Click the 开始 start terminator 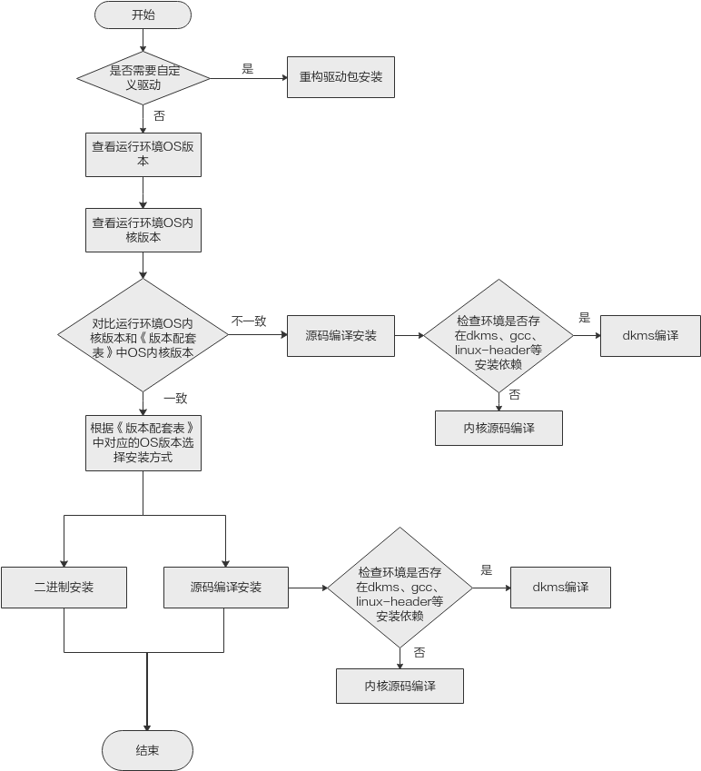pos(143,15)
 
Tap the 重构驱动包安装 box pos(341,77)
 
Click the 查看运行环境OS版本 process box pos(143,153)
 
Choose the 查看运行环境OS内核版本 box pos(143,229)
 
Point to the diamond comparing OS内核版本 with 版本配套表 pos(143,335)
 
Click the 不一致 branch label pos(248,321)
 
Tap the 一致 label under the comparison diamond pos(174,398)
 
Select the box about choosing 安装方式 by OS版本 pos(143,443)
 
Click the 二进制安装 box pos(64,588)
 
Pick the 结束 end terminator pos(147,750)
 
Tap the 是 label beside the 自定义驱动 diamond pos(247,68)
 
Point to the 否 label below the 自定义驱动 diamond pos(159,116)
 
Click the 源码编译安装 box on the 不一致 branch pos(341,335)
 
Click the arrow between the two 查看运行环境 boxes pos(143,193)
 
